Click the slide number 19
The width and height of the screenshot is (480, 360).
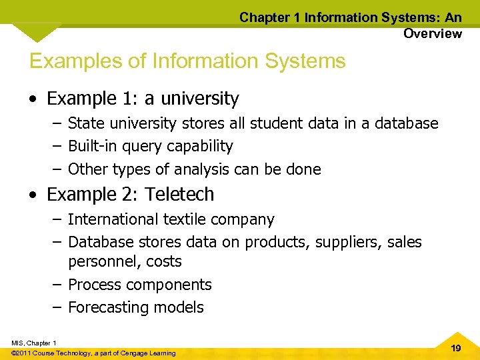[x=456, y=348]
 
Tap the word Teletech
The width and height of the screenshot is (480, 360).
[x=180, y=195]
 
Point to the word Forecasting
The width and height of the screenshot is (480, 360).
[x=109, y=307]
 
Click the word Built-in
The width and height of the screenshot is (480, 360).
[x=93, y=146]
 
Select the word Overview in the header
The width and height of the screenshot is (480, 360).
[x=432, y=33]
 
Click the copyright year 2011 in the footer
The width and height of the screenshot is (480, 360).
[x=23, y=353]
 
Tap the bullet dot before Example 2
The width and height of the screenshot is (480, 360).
[x=34, y=195]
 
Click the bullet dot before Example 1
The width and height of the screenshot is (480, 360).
[x=34, y=99]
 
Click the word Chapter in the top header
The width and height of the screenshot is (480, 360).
[x=264, y=18]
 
